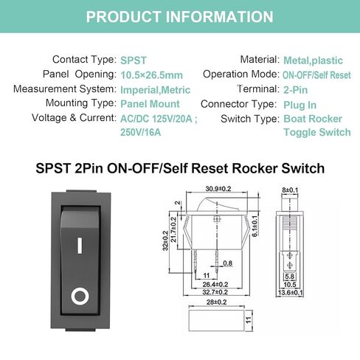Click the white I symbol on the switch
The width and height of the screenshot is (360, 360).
point(80,245)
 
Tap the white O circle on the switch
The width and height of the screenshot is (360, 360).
point(80,296)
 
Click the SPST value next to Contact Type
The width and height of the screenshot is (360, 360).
point(134,60)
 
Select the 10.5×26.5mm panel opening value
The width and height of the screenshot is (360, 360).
point(151,75)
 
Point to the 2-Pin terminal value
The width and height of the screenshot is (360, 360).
point(295,90)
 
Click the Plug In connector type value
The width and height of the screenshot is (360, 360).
point(300,105)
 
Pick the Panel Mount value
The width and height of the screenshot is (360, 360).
point(150,104)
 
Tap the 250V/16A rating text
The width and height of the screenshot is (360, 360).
point(140,132)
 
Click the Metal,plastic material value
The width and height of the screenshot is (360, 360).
point(313,60)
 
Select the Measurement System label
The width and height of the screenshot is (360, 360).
point(65,89)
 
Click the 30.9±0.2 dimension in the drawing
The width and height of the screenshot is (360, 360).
point(218,189)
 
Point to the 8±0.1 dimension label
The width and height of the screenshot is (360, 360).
point(290,190)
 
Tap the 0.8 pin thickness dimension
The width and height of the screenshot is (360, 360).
point(227,263)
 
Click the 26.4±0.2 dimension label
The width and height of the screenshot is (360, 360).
point(215,284)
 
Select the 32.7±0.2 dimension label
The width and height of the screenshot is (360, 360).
point(215,292)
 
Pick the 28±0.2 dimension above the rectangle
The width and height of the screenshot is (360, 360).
point(216,302)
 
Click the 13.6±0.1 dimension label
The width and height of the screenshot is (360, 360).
point(290,293)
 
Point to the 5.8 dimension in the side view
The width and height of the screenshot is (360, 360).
point(290,277)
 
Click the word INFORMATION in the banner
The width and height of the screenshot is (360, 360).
point(219,17)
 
